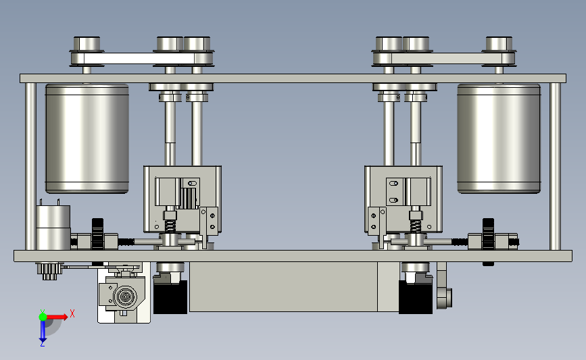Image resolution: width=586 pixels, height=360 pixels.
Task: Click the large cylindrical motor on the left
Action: (87, 138)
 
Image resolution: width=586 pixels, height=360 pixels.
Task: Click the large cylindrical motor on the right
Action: (499, 138)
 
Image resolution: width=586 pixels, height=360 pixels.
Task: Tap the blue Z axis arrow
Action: (43, 331)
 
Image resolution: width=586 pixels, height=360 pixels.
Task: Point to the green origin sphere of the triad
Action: (43, 317)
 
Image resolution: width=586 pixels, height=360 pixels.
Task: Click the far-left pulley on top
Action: (87, 51)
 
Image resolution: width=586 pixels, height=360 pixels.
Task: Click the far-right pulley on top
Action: (499, 51)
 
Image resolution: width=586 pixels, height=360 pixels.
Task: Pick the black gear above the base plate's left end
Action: (97, 234)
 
